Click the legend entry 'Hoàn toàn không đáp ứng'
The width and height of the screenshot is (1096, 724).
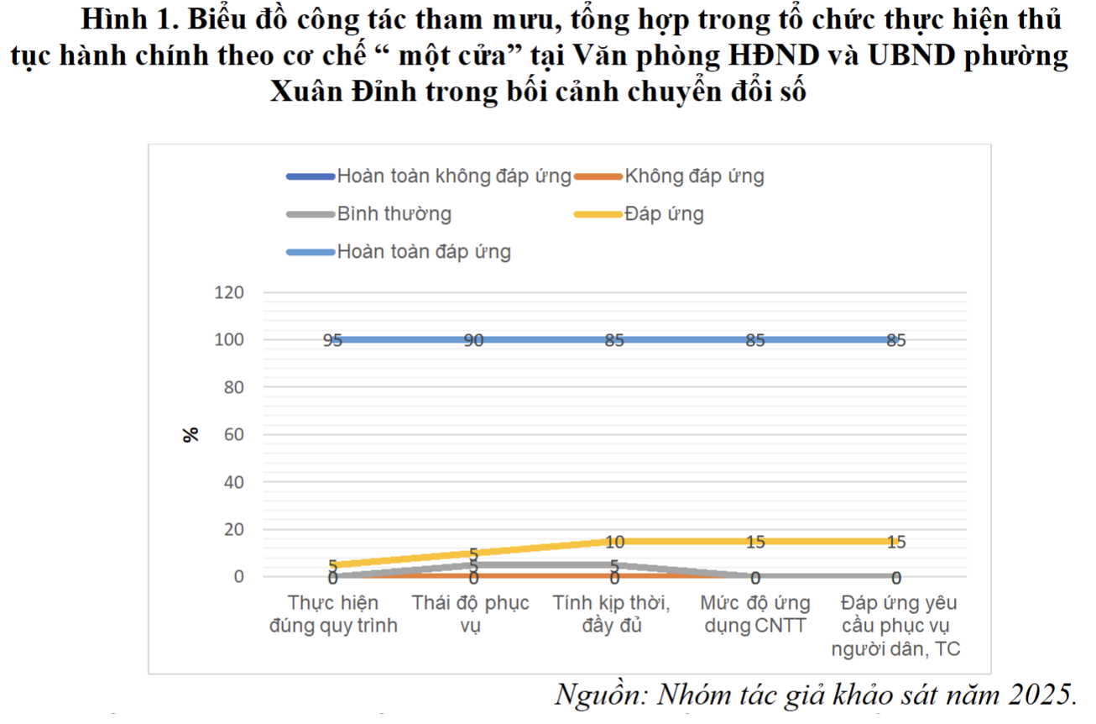pos(453,176)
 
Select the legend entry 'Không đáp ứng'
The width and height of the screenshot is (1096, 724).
pos(694,176)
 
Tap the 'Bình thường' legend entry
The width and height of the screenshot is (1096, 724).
pos(394,213)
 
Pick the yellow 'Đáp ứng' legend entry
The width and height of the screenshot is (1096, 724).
pos(664,213)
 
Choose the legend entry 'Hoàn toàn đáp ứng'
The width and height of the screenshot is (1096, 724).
pos(424,251)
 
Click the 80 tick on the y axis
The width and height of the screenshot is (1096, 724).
pos(232,388)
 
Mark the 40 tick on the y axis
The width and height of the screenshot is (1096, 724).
pos(232,483)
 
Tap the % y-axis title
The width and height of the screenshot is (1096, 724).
pos(191,434)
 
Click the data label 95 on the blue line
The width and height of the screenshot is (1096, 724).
pos(333,341)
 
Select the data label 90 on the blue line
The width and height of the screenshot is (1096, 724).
pos(473,341)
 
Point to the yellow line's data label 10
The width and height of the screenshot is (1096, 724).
pos(614,542)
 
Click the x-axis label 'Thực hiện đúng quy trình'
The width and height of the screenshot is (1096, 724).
pos(333,615)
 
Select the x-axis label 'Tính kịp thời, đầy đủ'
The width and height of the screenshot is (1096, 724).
pos(612,615)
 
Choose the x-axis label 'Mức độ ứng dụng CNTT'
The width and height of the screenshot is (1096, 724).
pos(755,615)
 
